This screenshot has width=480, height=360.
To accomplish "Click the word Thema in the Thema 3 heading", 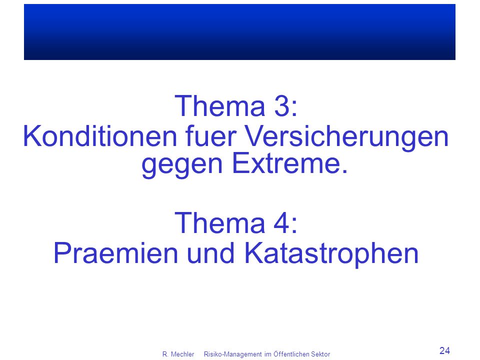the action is coord(219,106).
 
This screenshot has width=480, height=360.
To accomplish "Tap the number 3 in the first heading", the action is coord(281,106).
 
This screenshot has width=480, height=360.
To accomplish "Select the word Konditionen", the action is coord(100,136).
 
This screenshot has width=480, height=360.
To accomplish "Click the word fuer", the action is coord(211,136).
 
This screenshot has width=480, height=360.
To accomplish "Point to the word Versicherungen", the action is coord(347,138).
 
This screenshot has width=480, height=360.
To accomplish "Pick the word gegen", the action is coord(182,165).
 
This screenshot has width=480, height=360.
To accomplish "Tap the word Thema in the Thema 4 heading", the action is coord(219,223).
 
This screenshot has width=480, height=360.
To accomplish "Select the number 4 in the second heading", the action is coord(281,223).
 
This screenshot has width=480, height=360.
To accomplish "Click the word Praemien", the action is coord(115,253).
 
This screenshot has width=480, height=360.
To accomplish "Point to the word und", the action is coord(210,253).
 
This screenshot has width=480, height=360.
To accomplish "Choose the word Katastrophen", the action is coord(331,254).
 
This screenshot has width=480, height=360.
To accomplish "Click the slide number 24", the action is coord(445,350).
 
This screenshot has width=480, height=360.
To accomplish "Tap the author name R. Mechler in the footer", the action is coord(178,354).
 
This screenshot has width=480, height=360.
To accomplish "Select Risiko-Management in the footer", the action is coord(232,354).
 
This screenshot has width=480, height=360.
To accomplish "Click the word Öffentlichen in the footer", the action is coord(291,354).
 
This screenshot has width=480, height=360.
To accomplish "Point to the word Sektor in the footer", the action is coord(320,354).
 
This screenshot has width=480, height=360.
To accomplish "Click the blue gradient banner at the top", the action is coord(239,32).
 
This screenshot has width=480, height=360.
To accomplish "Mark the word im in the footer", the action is coord(268,354).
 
